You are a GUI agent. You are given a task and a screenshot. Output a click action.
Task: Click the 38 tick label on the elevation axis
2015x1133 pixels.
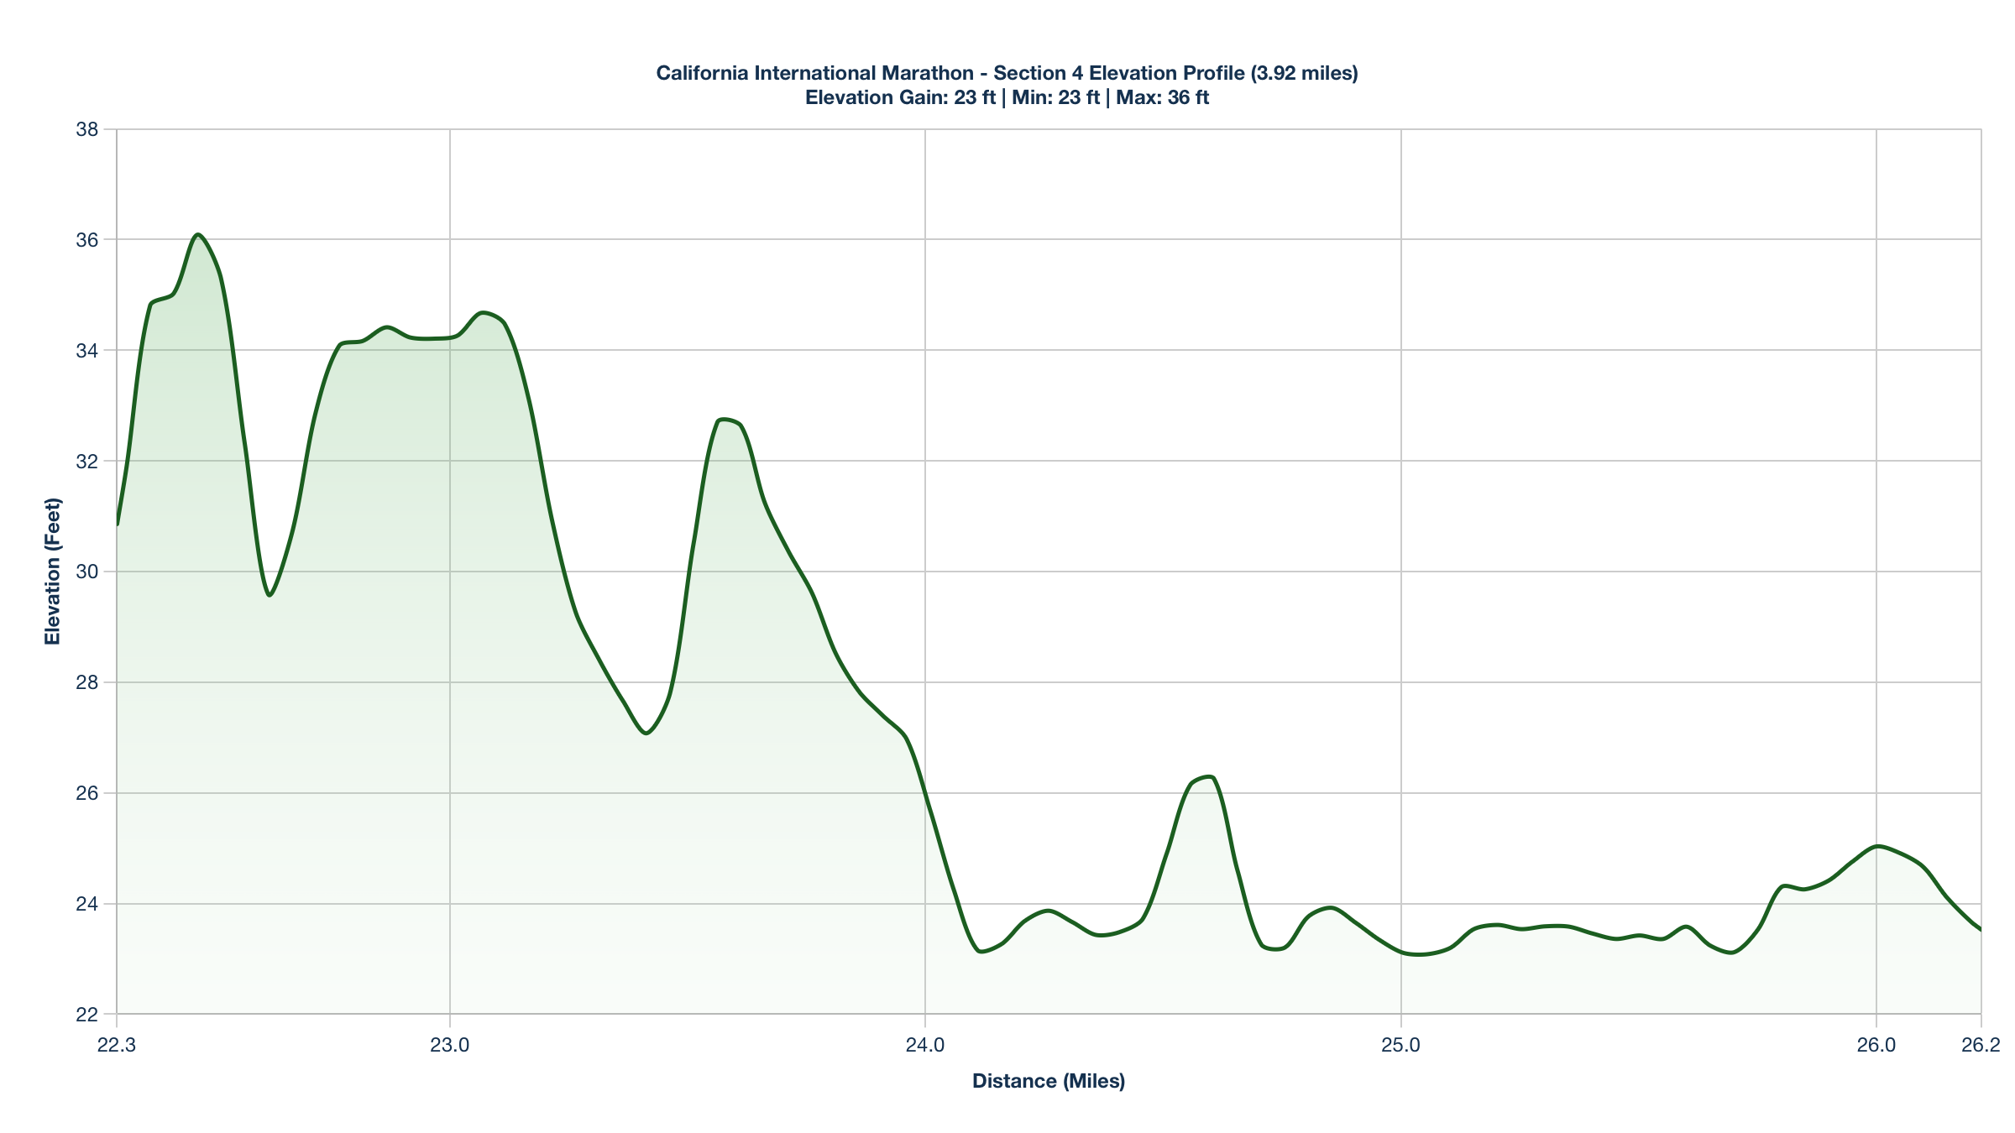(x=86, y=129)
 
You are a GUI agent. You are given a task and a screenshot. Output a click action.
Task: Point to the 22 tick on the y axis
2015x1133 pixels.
(x=86, y=1015)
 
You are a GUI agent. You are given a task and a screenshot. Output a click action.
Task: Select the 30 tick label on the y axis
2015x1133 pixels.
(x=86, y=572)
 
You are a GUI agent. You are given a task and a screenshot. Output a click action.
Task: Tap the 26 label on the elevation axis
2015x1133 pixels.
(x=86, y=793)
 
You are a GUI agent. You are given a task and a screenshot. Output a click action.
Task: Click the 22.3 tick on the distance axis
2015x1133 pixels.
(x=117, y=1045)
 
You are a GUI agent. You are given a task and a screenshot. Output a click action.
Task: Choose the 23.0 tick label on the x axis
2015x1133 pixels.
(x=450, y=1045)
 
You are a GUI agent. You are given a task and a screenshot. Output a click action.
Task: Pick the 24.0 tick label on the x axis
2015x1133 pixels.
(x=925, y=1045)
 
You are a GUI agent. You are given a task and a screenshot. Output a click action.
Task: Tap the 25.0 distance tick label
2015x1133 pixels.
(x=1400, y=1045)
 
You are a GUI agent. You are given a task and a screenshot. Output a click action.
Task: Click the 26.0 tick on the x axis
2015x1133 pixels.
(x=1876, y=1045)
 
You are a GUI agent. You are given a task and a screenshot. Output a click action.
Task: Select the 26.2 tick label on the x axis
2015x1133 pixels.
(x=1981, y=1045)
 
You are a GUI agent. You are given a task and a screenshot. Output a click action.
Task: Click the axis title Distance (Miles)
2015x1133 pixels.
(x=1049, y=1081)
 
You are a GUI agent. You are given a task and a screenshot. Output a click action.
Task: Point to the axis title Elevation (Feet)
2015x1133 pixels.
(x=53, y=572)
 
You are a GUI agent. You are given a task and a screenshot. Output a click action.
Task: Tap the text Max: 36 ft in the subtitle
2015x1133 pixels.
(x=1162, y=97)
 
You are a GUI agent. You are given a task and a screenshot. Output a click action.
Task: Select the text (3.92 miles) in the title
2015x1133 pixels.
(x=1304, y=73)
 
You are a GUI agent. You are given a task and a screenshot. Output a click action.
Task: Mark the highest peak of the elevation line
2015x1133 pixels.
(x=197, y=234)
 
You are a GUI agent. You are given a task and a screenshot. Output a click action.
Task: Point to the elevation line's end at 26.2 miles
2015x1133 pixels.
(x=1981, y=930)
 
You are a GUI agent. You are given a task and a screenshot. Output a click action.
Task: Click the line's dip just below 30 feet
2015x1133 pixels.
(x=269, y=595)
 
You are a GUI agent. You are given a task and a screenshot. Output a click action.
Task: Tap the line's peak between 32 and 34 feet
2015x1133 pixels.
(x=723, y=419)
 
